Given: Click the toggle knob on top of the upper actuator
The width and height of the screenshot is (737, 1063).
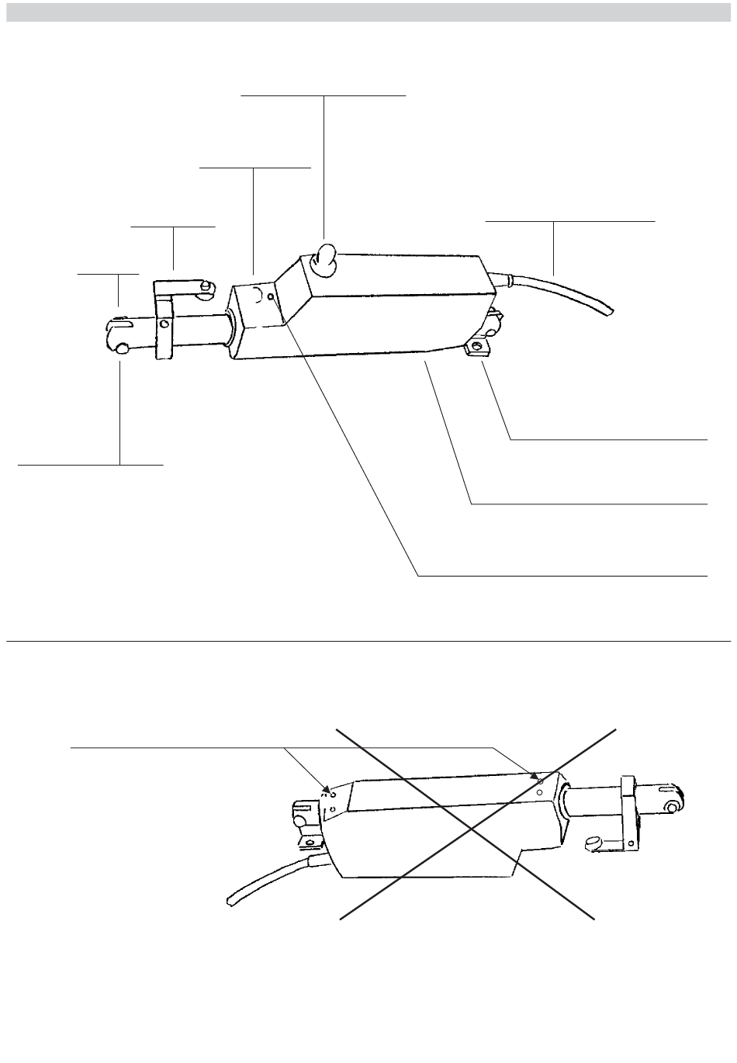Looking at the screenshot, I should click(x=324, y=259).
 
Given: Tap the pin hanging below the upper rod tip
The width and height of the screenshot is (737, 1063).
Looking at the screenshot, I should click(x=123, y=351).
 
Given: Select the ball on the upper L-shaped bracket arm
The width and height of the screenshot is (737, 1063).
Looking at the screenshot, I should click(x=206, y=288).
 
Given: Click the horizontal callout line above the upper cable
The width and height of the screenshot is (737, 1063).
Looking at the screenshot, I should click(x=570, y=221).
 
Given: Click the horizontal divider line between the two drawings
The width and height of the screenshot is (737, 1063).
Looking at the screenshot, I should click(x=368, y=642).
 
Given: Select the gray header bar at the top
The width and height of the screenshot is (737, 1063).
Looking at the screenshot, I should click(x=368, y=12).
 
